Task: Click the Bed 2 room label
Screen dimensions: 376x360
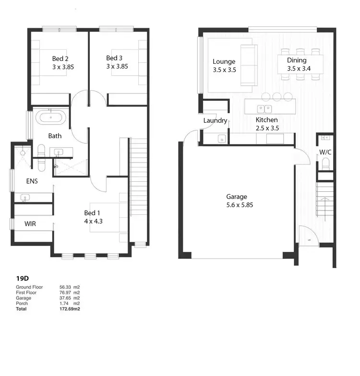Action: (60, 59)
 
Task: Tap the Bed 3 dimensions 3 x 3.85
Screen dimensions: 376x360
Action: (117, 67)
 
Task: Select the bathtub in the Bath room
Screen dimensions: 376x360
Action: (48, 117)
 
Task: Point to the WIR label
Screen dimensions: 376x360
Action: (30, 223)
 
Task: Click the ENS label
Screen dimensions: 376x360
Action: (32, 181)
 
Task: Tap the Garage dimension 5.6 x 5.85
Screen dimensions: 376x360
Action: (237, 205)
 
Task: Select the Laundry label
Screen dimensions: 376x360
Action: (215, 120)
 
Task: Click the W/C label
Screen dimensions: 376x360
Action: (325, 153)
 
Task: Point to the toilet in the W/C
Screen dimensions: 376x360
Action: (325, 165)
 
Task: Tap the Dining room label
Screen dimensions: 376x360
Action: (297, 60)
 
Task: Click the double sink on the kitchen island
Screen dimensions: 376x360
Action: (265, 108)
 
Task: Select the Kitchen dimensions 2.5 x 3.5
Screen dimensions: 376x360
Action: (267, 128)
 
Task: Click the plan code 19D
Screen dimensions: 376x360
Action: (23, 278)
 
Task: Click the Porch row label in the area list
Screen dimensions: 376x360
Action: (22, 304)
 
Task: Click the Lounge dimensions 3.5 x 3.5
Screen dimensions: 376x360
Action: (224, 70)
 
